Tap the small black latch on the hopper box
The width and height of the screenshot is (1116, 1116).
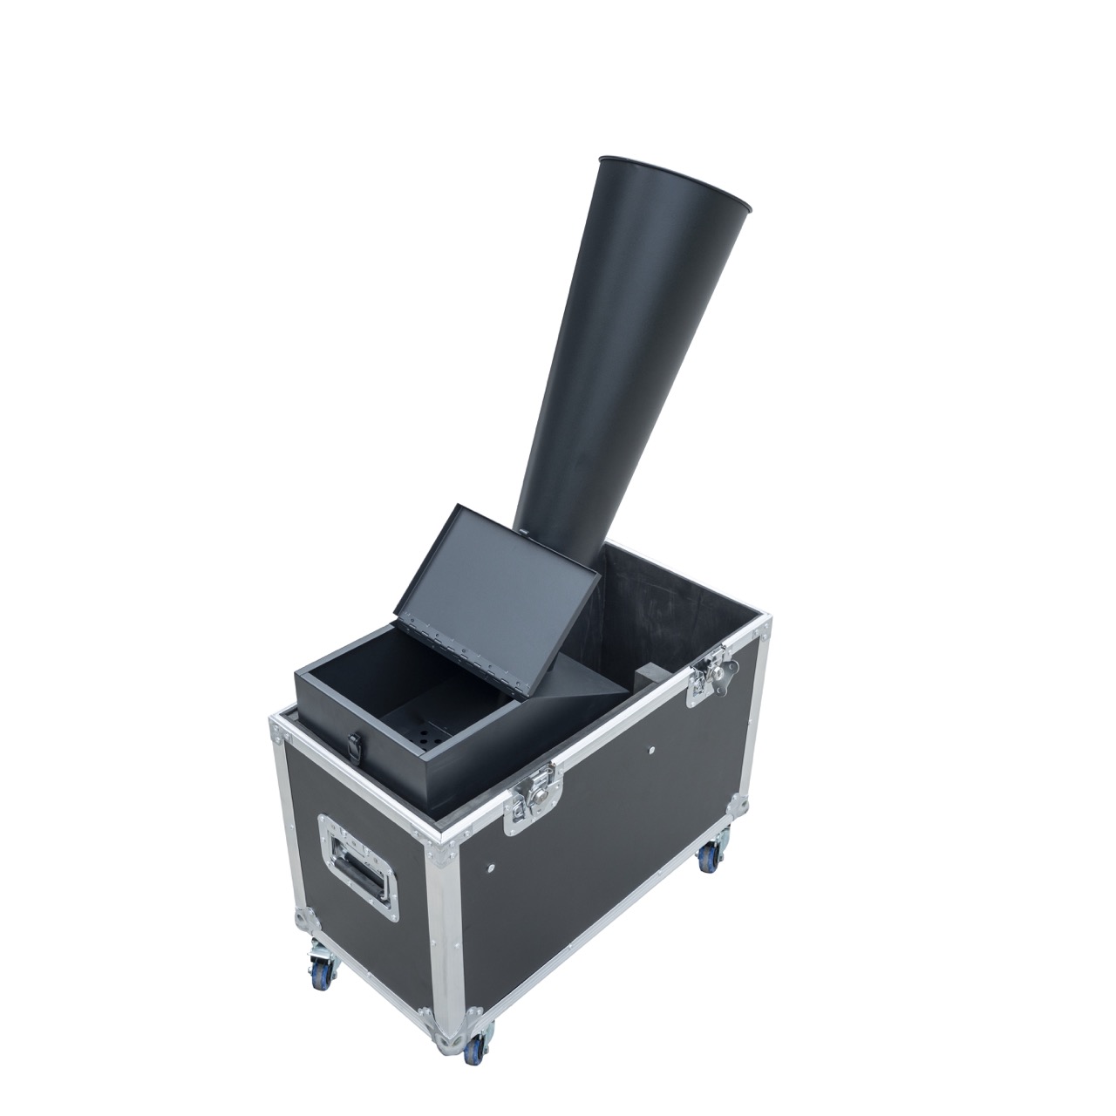point(354,747)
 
